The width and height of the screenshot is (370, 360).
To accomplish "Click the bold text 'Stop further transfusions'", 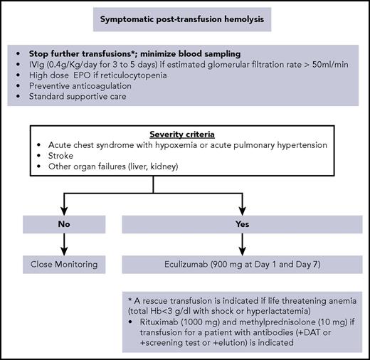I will point(81,53).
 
